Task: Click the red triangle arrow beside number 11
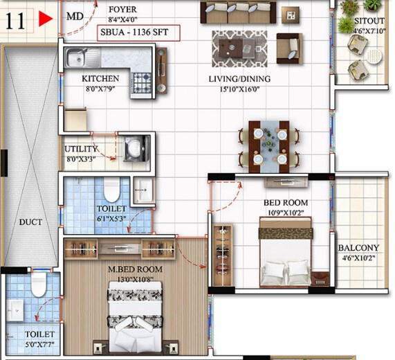pyautogui.click(x=46, y=19)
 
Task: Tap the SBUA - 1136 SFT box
pyautogui.click(x=138, y=33)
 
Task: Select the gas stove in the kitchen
pyautogui.click(x=141, y=82)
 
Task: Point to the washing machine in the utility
pyautogui.click(x=136, y=148)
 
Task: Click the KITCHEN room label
pyautogui.click(x=100, y=79)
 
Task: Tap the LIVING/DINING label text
pyautogui.click(x=239, y=79)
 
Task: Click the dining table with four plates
pyautogui.click(x=269, y=147)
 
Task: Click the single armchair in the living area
pyautogui.click(x=289, y=48)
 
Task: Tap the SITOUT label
pyautogui.click(x=369, y=21)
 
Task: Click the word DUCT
pyautogui.click(x=30, y=222)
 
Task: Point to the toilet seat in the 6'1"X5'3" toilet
pyautogui.click(x=111, y=190)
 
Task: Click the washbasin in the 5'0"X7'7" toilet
pyautogui.click(x=15, y=310)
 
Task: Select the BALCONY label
pyautogui.click(x=358, y=248)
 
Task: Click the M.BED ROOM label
pyautogui.click(x=136, y=269)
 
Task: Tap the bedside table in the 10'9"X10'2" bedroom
pyautogui.click(x=320, y=279)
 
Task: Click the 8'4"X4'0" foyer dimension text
pyautogui.click(x=122, y=19)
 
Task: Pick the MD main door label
pyautogui.click(x=75, y=17)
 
